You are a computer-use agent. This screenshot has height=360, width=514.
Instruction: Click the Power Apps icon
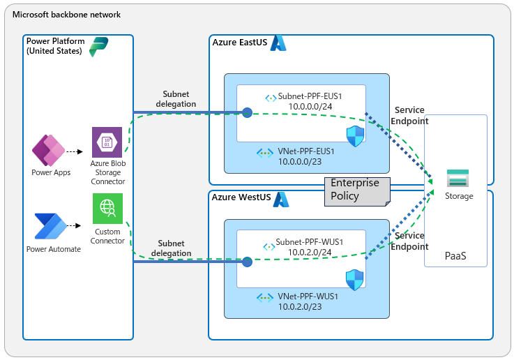[x=47, y=151]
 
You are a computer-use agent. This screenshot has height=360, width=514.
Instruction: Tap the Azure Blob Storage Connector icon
[x=107, y=142]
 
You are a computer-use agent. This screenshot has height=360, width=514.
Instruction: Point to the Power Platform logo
[x=99, y=47]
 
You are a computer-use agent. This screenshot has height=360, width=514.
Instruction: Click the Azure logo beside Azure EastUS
[x=279, y=43]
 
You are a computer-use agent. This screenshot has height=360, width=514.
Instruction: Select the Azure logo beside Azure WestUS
[x=280, y=200]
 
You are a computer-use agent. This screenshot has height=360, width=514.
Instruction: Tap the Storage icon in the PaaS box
[x=458, y=179]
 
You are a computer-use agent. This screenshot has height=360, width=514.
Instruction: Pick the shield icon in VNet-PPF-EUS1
[x=355, y=136]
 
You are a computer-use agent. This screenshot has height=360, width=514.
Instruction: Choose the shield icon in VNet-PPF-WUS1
[x=355, y=280]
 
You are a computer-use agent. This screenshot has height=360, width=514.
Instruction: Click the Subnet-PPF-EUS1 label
[x=312, y=97]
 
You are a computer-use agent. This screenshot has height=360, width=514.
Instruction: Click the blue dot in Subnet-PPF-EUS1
[x=247, y=112]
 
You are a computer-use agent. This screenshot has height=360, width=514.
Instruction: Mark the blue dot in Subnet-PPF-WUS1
[x=247, y=262]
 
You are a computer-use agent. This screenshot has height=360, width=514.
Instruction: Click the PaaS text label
[x=455, y=257]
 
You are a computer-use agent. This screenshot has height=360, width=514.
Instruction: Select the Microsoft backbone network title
[x=66, y=15]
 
